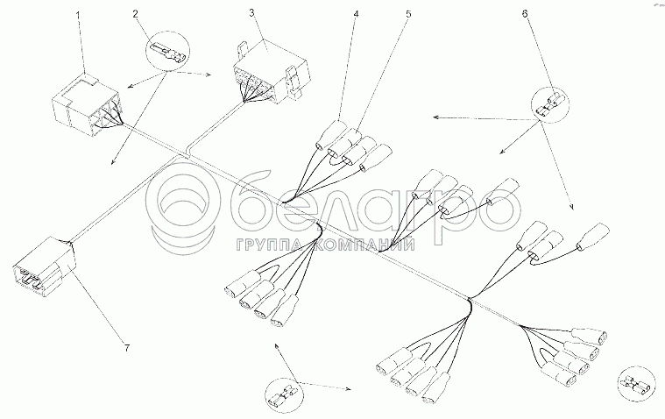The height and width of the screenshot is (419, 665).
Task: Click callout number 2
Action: point(135,14)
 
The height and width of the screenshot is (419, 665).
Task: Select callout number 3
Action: point(251,12)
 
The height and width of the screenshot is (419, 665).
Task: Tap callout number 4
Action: point(356,14)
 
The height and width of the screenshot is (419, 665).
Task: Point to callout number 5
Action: point(408,14)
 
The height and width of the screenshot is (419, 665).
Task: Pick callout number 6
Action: point(525,14)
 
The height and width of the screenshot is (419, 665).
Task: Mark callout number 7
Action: point(126,348)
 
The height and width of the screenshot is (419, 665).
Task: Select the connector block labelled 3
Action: point(269,74)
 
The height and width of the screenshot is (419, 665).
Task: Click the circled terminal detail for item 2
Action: point(167,53)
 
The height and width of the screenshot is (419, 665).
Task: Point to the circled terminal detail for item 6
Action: point(550,104)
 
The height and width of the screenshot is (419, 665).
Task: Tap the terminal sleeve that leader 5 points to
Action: point(345,143)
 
